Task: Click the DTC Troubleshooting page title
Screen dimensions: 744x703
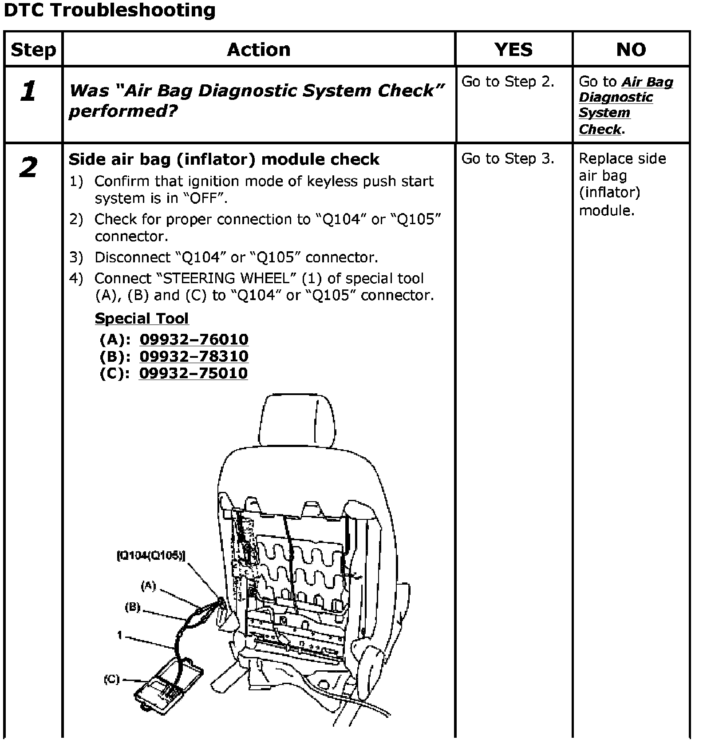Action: [x=109, y=11]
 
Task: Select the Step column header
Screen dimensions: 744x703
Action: [x=33, y=50]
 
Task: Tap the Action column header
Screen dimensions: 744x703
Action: [x=259, y=50]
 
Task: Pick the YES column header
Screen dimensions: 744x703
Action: [x=513, y=50]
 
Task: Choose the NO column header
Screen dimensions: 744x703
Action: [x=631, y=50]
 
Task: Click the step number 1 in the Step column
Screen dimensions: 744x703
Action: [x=28, y=92]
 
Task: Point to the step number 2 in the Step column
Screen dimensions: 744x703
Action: [x=28, y=168]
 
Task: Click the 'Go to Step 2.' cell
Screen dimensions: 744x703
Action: [x=508, y=82]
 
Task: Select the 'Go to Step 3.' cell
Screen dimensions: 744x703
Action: [x=508, y=159]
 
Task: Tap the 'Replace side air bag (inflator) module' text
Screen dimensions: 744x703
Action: [x=622, y=184]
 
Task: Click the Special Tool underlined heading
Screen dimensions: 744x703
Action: [x=142, y=318]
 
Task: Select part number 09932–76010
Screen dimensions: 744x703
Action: [x=194, y=340]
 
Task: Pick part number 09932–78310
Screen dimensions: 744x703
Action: [x=194, y=356]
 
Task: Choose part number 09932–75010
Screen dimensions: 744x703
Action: [x=194, y=373]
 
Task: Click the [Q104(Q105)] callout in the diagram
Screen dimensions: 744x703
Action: [x=151, y=555]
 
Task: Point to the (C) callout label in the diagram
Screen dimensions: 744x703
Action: [x=112, y=679]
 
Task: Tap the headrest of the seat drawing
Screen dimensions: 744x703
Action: [x=296, y=421]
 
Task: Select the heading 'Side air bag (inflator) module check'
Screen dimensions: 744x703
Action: [x=224, y=159]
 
